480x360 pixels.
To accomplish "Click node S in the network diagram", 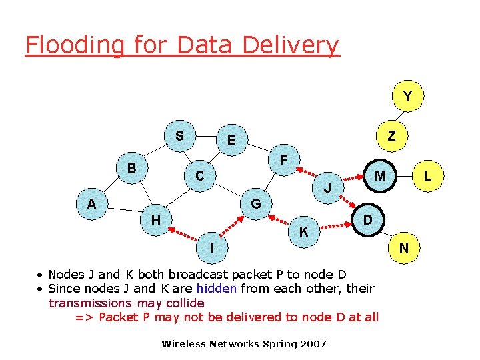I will coord(179,136).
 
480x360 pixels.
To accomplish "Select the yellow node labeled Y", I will coord(407,97).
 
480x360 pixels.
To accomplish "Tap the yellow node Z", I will coord(392,136).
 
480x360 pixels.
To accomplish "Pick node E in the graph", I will coord(231,139).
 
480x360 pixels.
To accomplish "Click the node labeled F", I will coord(284,160).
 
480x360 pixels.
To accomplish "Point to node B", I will coord(132,167).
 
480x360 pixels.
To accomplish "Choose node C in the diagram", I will coord(200,176).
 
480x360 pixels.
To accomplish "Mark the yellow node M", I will coord(380,175).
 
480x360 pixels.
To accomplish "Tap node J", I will coord(328,188).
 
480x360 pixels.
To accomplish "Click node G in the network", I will coord(256,203).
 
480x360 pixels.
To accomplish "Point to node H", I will coord(155,219).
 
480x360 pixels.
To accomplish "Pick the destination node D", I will coord(368,219).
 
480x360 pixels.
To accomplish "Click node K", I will coord(304,232).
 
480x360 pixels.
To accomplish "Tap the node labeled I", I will coord(211,247).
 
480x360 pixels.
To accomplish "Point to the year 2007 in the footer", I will coord(313,344).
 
